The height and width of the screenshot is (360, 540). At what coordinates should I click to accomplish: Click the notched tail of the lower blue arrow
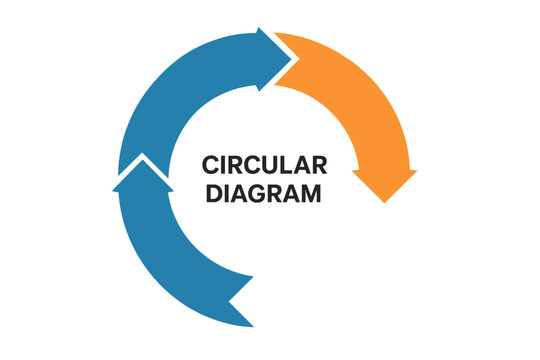(x=240, y=300)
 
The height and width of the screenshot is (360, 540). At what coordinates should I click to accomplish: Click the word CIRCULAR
(x=264, y=164)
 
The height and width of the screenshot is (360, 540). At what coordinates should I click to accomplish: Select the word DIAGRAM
(x=264, y=193)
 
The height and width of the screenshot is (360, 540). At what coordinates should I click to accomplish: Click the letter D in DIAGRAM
(x=213, y=193)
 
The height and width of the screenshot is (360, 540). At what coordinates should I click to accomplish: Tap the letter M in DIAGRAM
(x=312, y=193)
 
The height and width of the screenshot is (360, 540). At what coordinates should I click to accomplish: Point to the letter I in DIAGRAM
(x=226, y=193)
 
